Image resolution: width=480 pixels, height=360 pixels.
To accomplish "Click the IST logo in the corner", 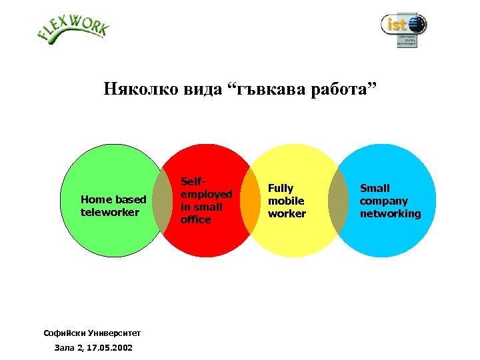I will pyautogui.click(x=403, y=29).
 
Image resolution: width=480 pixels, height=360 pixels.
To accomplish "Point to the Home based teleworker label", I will pyautogui.click(x=113, y=206).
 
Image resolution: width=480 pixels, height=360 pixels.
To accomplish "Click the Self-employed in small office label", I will pyautogui.click(x=206, y=200).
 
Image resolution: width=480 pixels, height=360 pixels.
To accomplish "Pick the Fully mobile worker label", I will pyautogui.click(x=287, y=201).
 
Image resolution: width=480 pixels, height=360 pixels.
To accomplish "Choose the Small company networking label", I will pyautogui.click(x=390, y=201).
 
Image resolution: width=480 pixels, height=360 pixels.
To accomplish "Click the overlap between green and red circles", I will pyautogui.click(x=163, y=201).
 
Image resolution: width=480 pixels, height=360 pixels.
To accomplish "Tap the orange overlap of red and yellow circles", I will pyautogui.click(x=251, y=201).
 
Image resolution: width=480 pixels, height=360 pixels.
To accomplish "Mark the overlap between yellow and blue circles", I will pyautogui.click(x=338, y=201).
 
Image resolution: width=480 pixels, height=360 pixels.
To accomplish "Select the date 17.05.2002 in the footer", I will pyautogui.click(x=108, y=348).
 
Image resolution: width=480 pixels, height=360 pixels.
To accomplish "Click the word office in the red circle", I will pyautogui.click(x=195, y=219).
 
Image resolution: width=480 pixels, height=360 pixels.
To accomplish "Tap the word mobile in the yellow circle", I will pyautogui.click(x=286, y=201).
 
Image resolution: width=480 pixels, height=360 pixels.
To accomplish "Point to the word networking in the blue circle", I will pyautogui.click(x=390, y=213).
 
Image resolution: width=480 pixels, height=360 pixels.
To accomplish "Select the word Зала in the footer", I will pyautogui.click(x=65, y=348).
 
